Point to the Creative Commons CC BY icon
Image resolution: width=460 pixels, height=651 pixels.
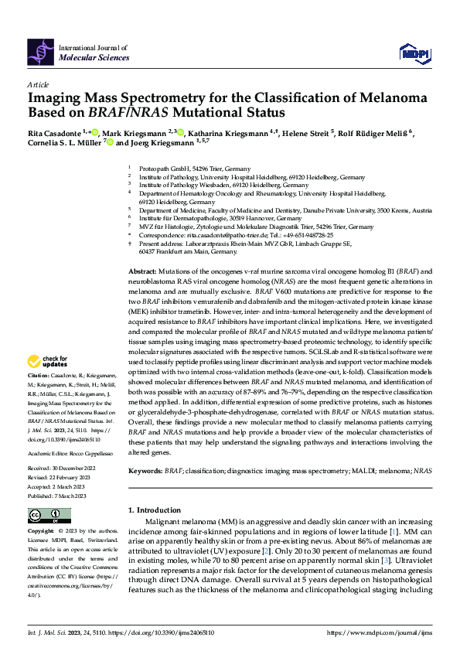click(x=43, y=515)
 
